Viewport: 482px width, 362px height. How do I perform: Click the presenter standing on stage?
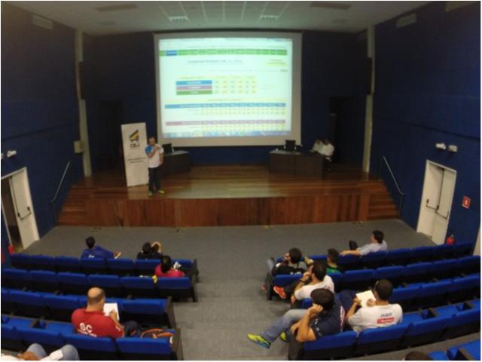click(154, 164)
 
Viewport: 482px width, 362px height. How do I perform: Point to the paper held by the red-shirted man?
click(111, 310)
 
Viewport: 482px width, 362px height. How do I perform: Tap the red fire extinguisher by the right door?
click(450, 239)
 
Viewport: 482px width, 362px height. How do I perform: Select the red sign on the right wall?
click(465, 202)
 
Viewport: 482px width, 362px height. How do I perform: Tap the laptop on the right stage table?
click(290, 145)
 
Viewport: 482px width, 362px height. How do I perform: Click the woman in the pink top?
click(166, 268)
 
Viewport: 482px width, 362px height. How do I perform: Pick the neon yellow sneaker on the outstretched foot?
click(258, 341)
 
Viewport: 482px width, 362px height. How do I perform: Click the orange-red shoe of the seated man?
click(279, 292)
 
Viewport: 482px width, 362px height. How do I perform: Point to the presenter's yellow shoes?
click(155, 192)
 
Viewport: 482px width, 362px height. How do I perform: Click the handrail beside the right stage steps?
click(392, 180)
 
